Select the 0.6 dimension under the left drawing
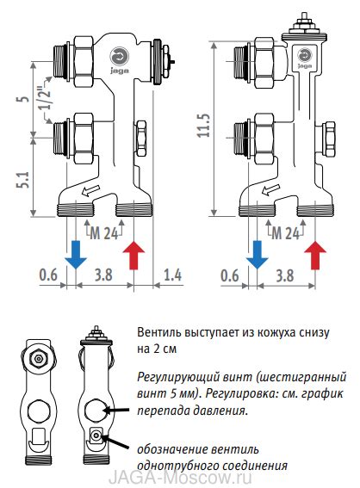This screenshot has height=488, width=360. (49, 275)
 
